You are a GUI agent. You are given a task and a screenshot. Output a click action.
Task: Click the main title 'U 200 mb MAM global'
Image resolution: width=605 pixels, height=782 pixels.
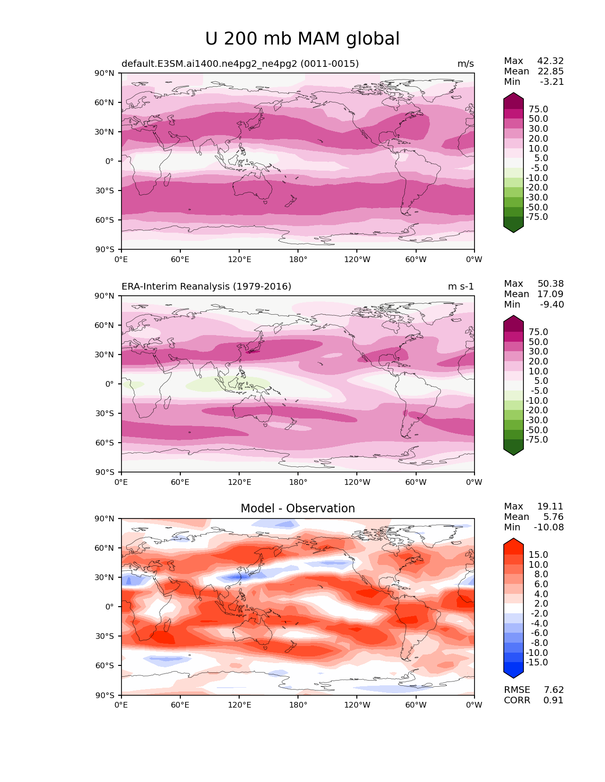point(302,39)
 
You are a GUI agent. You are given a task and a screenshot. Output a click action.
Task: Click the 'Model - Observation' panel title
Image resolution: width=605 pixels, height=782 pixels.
point(298,509)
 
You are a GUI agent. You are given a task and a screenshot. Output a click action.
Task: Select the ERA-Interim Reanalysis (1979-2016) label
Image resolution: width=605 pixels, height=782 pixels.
point(206,287)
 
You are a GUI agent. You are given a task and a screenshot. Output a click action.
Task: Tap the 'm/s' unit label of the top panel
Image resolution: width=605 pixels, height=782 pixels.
point(465,64)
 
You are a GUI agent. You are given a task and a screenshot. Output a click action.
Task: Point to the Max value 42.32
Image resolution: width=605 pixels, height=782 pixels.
point(550,61)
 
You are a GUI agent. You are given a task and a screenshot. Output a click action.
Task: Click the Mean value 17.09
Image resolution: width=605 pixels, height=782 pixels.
point(550,294)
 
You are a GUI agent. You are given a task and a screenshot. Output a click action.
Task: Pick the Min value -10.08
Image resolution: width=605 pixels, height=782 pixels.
point(549,527)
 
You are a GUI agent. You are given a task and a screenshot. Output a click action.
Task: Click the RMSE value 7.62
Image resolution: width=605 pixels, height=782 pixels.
point(554,690)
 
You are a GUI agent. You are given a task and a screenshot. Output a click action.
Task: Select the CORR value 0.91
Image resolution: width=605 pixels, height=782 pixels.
point(554,700)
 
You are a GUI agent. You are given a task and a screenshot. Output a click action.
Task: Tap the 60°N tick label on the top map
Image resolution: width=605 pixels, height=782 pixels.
point(104,102)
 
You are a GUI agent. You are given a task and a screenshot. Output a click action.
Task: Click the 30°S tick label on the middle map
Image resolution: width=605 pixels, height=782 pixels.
point(104,413)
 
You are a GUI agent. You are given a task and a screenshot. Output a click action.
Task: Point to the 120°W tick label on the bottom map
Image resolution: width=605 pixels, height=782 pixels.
point(357,705)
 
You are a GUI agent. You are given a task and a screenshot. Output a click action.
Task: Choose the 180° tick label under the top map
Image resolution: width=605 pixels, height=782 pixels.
point(298,260)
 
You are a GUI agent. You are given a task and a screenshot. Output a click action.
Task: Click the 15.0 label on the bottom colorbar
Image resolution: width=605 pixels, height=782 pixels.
point(539,555)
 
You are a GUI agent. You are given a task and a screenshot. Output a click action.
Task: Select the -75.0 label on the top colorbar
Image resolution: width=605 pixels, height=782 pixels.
point(537,217)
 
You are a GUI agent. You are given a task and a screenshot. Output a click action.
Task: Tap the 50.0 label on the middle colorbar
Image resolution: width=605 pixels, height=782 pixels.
point(539,342)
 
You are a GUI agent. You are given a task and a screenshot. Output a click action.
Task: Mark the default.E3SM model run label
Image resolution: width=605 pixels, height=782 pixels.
point(240,64)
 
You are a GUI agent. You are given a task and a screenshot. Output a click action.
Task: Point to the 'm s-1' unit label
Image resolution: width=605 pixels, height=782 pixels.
point(461,287)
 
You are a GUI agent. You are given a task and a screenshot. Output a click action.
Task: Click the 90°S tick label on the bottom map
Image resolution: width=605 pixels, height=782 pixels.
point(104,695)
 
